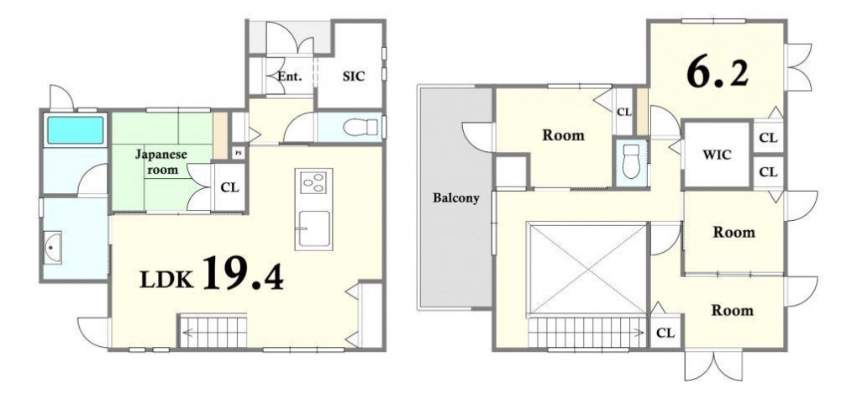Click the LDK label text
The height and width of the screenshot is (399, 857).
tap(167, 279)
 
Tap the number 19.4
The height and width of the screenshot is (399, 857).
tap(244, 273)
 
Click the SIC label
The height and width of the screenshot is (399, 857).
tap(354, 76)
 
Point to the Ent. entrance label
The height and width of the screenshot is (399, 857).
tap(289, 76)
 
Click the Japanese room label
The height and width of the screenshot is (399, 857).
tap(161, 162)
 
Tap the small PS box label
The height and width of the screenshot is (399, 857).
tap(238, 153)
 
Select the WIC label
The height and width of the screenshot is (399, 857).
tap(717, 155)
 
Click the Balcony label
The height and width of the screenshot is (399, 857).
tap(456, 198)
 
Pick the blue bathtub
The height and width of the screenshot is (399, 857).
tap(76, 130)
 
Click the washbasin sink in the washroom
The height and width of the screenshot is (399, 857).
tap(52, 248)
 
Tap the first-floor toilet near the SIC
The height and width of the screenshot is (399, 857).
tap(360, 128)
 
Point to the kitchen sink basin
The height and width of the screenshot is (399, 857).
tap(313, 229)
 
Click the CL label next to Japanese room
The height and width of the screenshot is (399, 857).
tap(230, 187)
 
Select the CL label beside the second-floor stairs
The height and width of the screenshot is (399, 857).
tap(665, 333)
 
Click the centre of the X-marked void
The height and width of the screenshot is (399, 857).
tap(587, 269)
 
